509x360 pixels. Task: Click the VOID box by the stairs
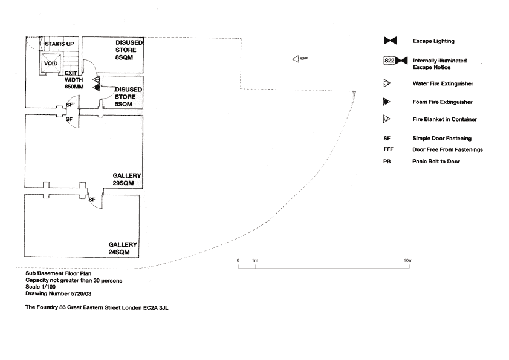pos(49,63)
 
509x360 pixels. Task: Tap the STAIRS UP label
pos(59,44)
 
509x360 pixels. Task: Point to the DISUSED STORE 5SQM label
pos(128,97)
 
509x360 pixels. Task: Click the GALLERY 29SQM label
pos(127,179)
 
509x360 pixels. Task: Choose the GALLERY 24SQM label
pos(123,248)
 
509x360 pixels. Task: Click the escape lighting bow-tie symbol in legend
pos(389,41)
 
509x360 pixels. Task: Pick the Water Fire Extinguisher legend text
pos(443,83)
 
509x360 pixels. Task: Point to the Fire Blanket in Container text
pos(444,119)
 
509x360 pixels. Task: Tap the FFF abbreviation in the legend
pos(388,149)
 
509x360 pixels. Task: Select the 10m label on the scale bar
pos(408,260)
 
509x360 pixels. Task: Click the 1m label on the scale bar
pos(255,260)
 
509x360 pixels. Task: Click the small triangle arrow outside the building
pos(295,59)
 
